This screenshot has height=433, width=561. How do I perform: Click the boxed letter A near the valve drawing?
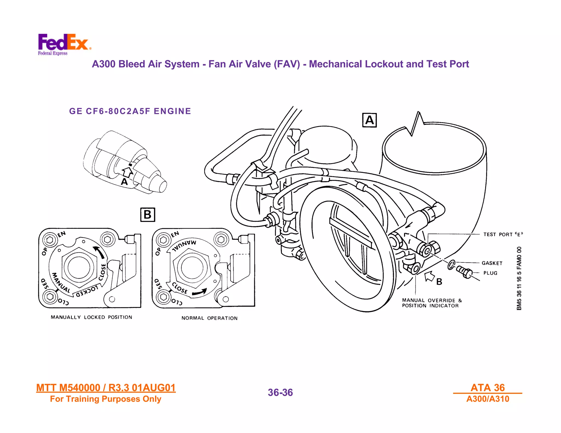point(369,120)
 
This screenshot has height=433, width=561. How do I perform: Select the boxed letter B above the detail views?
point(147,215)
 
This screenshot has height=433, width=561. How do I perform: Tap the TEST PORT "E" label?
point(503,234)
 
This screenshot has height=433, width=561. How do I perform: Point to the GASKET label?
point(492,263)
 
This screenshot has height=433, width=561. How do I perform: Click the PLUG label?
point(490,273)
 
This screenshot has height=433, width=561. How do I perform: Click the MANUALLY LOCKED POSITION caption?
point(91,317)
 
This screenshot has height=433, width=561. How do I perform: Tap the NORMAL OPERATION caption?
point(209,318)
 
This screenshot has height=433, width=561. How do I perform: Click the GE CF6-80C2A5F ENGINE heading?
point(130,111)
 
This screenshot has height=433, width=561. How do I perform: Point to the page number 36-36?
point(280,392)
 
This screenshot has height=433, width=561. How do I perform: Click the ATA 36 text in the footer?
point(487,388)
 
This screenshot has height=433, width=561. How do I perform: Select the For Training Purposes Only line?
point(105,399)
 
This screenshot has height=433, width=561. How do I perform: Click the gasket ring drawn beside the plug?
point(451,264)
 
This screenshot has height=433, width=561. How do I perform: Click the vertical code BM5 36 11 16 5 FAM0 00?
point(519,278)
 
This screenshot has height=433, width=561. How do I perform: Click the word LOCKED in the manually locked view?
point(87,291)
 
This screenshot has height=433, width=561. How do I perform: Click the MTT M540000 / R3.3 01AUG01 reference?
point(106,388)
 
